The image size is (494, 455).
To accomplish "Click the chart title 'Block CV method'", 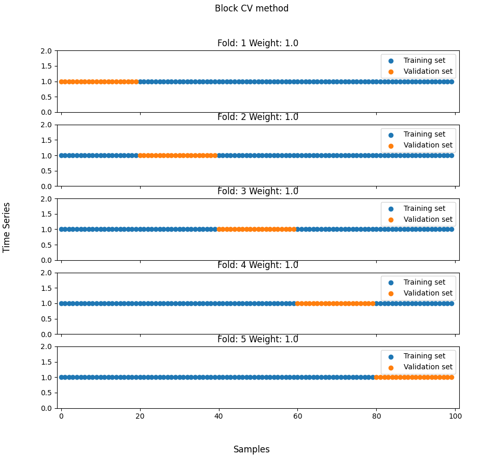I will [x=252, y=9].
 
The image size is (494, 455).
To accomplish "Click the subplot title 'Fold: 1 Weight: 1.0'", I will [x=258, y=44].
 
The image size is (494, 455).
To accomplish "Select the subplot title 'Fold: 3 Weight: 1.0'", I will [x=258, y=192].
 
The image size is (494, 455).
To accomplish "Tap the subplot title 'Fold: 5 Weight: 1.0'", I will [x=258, y=340].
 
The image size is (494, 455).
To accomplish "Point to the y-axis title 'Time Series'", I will [x=7, y=228].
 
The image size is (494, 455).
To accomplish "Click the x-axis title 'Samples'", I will [x=252, y=450].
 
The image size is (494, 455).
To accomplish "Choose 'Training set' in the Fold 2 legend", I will [x=424, y=135].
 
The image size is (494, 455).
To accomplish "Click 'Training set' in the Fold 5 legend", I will [x=424, y=356].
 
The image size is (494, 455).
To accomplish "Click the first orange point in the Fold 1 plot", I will [x=61, y=82].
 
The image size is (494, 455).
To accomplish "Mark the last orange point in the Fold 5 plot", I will [x=451, y=378].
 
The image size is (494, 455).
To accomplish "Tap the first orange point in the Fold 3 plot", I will [x=219, y=229].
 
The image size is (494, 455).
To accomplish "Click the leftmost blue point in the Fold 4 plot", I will [x=61, y=303].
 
